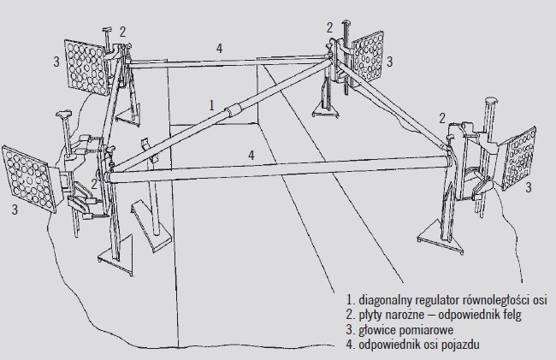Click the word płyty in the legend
point(372,315)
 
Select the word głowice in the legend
point(377,330)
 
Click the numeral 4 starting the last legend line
point(349,345)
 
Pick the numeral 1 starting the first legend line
point(349,299)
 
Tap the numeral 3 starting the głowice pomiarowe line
point(349,330)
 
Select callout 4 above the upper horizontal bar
point(220,49)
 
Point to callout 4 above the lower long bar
point(250,155)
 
